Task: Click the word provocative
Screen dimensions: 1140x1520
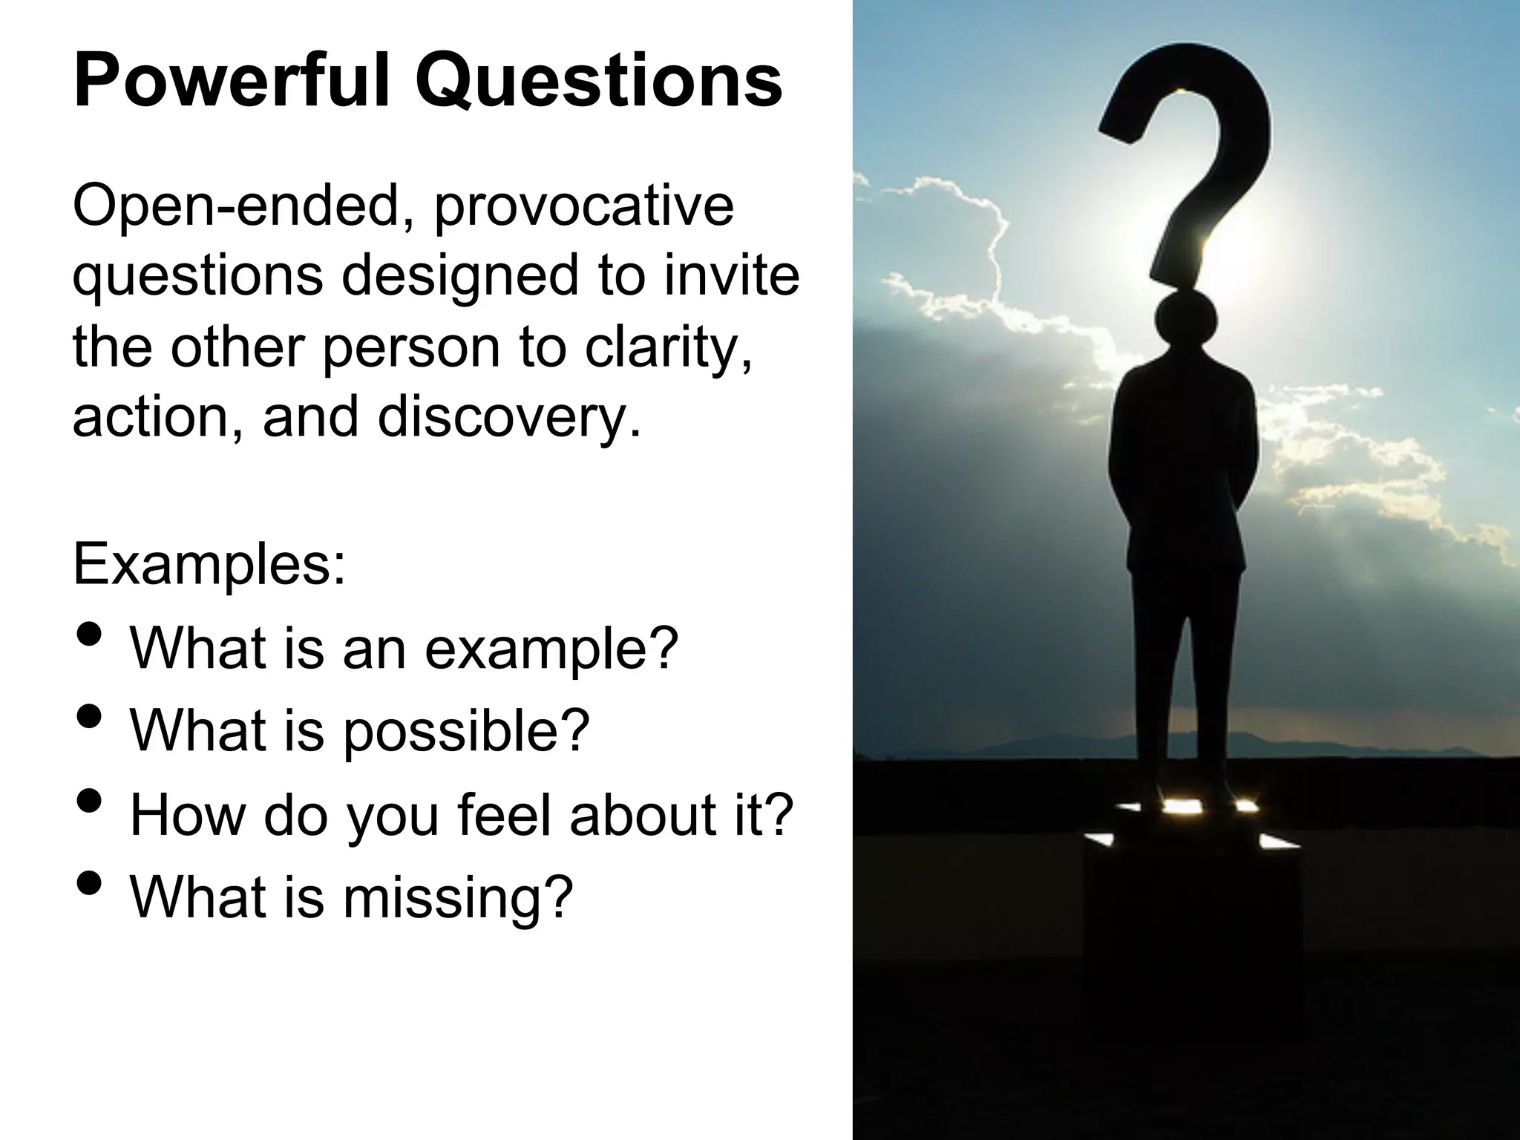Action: [583, 208]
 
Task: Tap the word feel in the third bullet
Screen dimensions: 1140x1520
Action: [505, 814]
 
